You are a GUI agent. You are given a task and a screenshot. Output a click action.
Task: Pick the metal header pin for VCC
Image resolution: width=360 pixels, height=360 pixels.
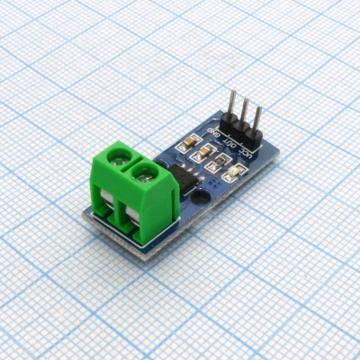click(x=257, y=116)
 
